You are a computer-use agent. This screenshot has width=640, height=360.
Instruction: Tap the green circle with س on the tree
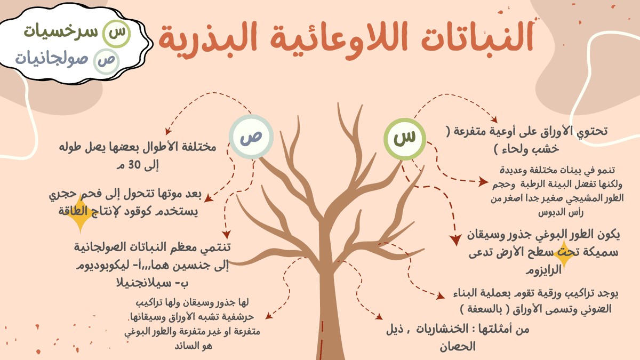405,138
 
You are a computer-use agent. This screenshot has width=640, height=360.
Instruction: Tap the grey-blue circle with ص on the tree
251,137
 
